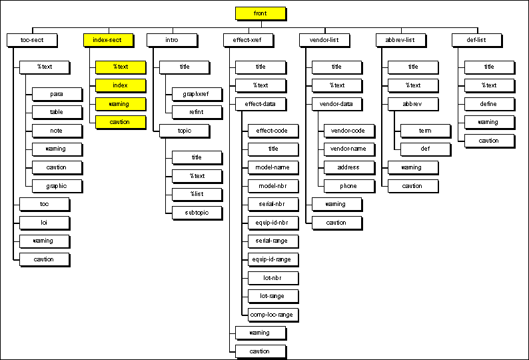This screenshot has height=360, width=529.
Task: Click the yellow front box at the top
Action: coord(261,13)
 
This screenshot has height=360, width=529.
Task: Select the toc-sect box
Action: coord(32,40)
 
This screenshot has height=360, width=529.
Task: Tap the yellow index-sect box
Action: coord(107,40)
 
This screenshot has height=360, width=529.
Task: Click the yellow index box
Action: coord(120,85)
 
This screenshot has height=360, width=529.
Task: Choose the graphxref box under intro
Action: coord(197,93)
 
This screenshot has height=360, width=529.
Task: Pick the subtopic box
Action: coord(197,213)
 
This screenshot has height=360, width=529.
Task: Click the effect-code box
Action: coord(272,131)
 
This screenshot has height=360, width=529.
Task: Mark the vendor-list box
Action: coord(324,40)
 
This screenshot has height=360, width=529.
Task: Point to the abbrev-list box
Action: coord(400,40)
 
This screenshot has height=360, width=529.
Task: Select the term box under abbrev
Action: coord(425,131)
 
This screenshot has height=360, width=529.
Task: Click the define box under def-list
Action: coord(488,104)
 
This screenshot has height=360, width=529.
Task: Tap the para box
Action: coord(57,93)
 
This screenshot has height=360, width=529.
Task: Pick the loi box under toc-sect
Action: coord(44,222)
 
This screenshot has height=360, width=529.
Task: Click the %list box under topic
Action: coord(197,194)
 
